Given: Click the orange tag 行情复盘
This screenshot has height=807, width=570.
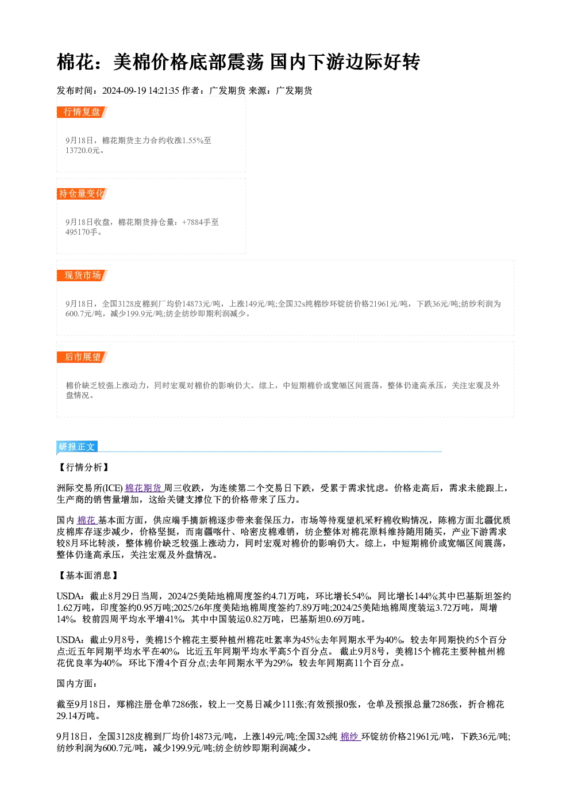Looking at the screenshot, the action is [x=82, y=112].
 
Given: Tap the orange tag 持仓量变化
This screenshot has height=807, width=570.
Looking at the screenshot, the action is [x=82, y=194].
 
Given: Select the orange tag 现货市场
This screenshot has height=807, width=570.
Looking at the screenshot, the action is [x=82, y=276].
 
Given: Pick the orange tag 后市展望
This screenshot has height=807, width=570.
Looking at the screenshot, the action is [x=82, y=357].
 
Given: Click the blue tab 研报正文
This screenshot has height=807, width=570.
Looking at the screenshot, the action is [x=77, y=447].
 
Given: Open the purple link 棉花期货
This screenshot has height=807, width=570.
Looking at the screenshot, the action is [x=144, y=488].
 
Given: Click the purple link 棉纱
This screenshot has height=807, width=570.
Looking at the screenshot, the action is [x=351, y=737].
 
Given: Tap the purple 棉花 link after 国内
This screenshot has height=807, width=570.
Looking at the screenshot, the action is [x=87, y=520].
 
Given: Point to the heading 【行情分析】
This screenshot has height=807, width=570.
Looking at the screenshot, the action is [x=84, y=468].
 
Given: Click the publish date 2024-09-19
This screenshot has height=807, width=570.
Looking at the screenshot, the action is [x=124, y=91].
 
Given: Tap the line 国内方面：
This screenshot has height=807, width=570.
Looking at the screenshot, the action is [x=77, y=684].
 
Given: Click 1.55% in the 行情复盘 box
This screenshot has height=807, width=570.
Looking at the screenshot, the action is [x=193, y=140].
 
